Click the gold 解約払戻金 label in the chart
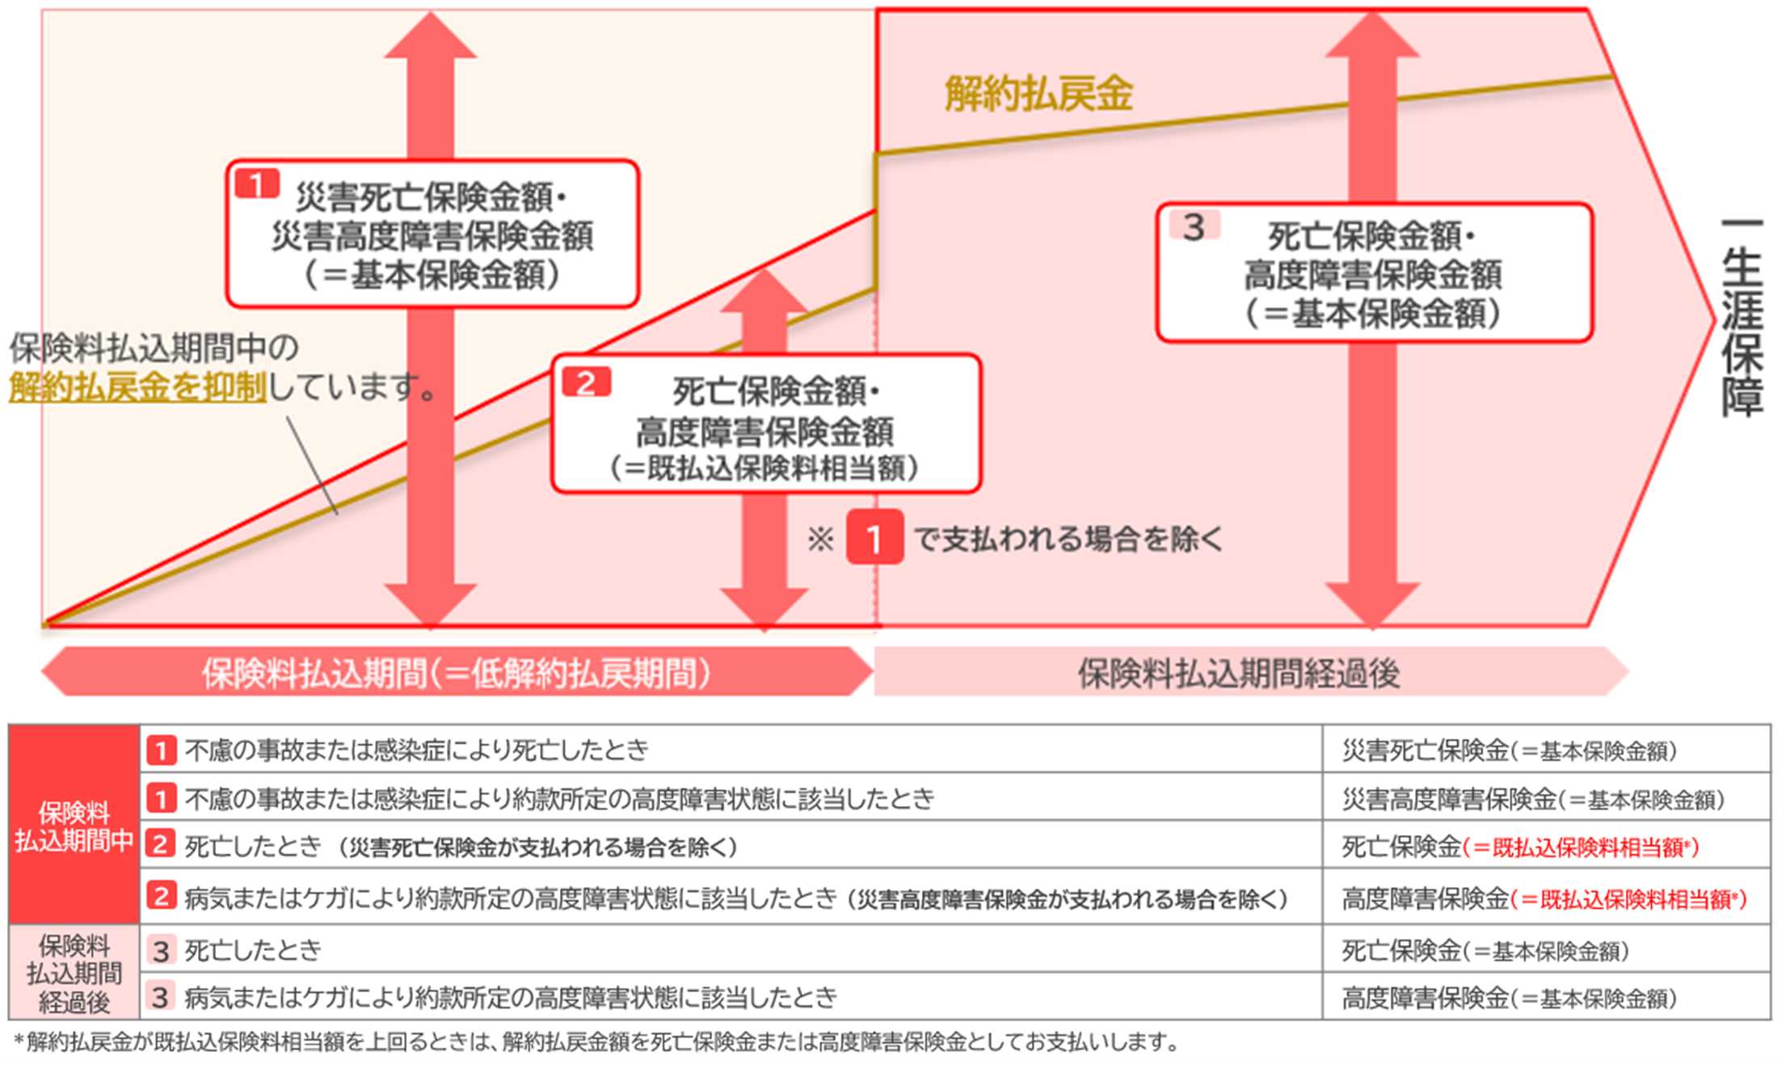point(1038,94)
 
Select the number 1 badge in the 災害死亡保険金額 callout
point(257,184)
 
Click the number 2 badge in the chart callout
point(586,382)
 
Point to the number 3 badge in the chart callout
point(1194,227)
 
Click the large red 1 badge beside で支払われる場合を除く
point(874,538)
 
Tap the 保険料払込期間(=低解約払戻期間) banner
point(457,673)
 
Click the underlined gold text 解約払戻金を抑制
point(137,387)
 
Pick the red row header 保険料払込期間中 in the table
point(74,826)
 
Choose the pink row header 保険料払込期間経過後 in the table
point(74,974)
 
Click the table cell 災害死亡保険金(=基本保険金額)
point(1509,751)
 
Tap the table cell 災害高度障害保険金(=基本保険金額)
point(1533,800)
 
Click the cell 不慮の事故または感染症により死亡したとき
point(417,750)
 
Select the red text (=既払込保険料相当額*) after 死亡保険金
point(1581,847)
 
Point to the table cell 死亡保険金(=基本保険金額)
point(1485,951)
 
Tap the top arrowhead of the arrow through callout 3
point(1372,36)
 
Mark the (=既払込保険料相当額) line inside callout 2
point(765,468)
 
